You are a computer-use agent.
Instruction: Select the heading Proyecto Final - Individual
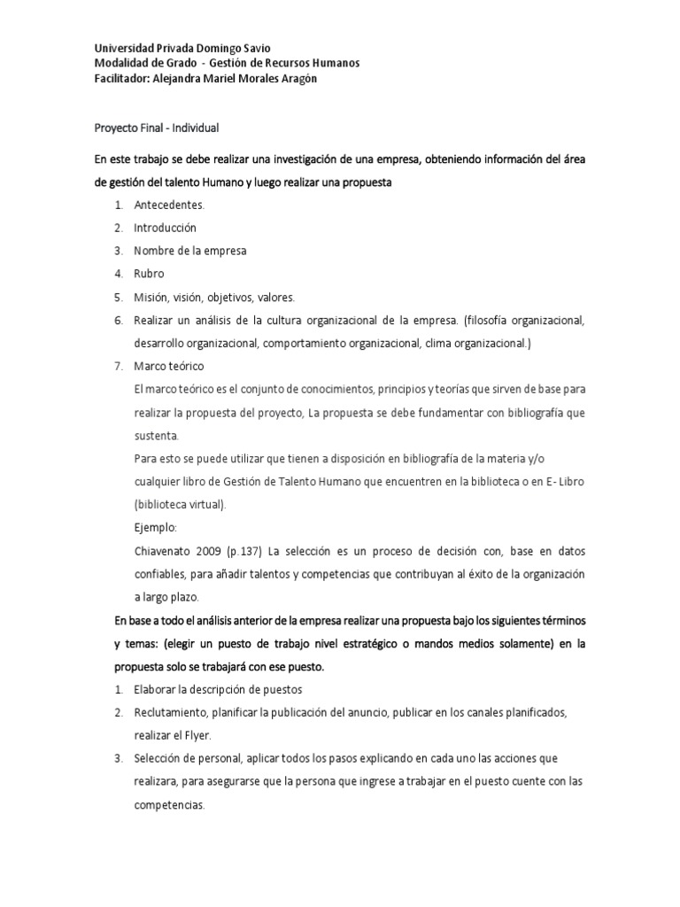(156, 128)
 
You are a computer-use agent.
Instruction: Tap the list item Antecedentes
(169, 205)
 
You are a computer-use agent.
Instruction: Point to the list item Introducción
(165, 228)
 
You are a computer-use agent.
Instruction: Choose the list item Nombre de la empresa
(189, 251)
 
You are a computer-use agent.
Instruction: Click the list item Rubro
(149, 274)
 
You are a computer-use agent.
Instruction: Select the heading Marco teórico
(168, 366)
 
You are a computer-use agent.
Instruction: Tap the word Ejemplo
(157, 527)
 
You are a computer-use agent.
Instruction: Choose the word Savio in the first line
(253, 48)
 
